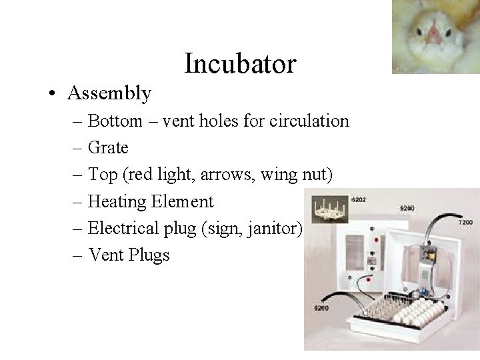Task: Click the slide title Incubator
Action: [x=240, y=64]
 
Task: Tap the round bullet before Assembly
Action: [x=52, y=94]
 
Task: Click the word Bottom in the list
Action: [x=115, y=121]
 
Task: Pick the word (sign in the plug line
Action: [x=225, y=229]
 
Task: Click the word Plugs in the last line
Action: [x=149, y=255]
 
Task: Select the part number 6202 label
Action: [x=359, y=199]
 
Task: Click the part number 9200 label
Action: [x=407, y=209]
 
